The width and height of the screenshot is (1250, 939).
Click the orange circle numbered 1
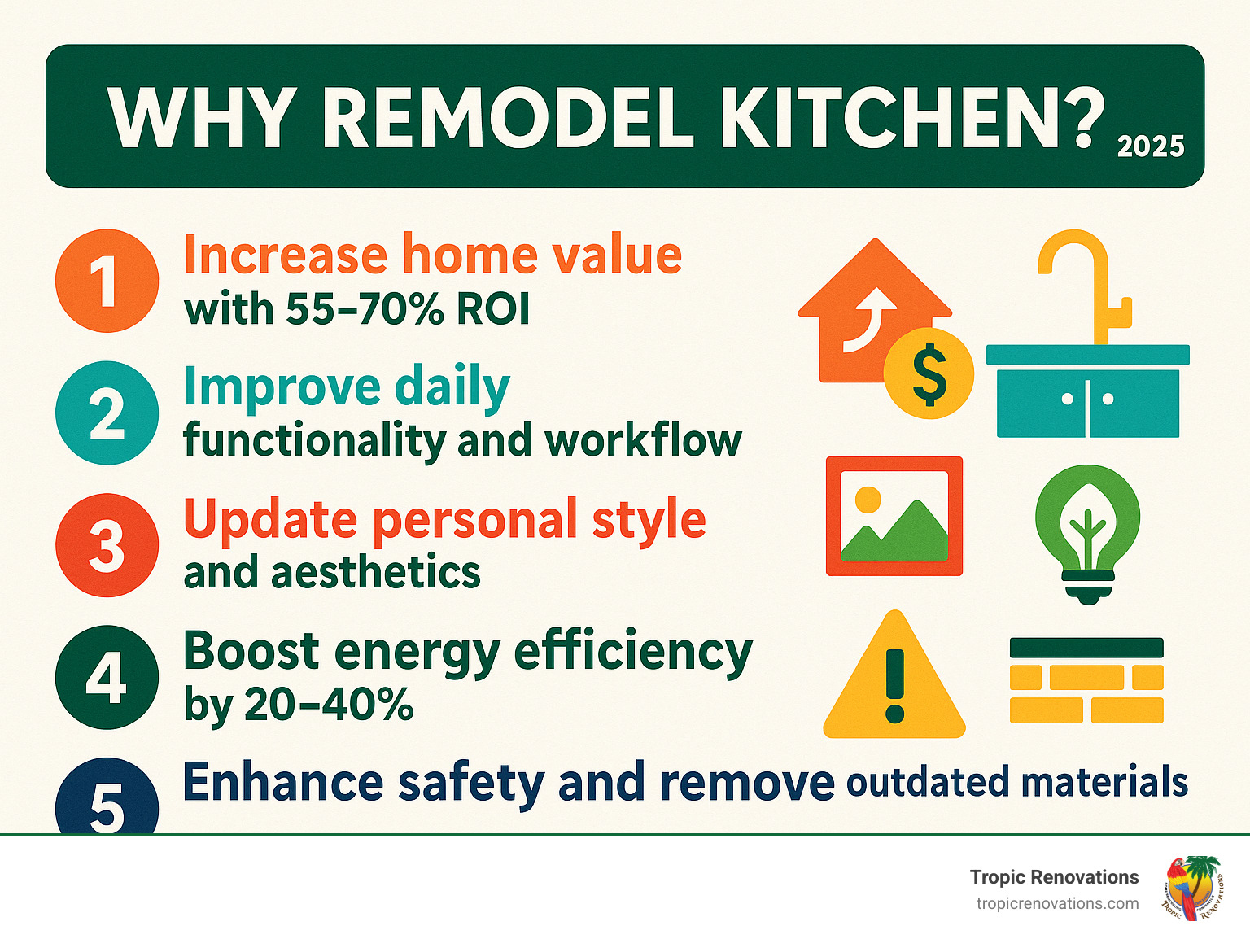pos(107,281)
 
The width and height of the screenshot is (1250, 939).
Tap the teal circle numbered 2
pos(107,413)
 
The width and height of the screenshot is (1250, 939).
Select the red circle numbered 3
pos(107,544)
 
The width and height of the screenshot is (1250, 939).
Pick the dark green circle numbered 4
pos(107,676)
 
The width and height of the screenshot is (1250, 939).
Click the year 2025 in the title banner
pos(1151,146)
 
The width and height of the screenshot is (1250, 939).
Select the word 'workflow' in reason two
pos(643,440)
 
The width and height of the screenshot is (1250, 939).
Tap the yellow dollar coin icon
pos(929,373)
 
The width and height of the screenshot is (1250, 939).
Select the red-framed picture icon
pos(894,516)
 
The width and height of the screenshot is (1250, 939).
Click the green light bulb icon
pos(1087,533)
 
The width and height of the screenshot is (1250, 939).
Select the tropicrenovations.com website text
pos(1057,903)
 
